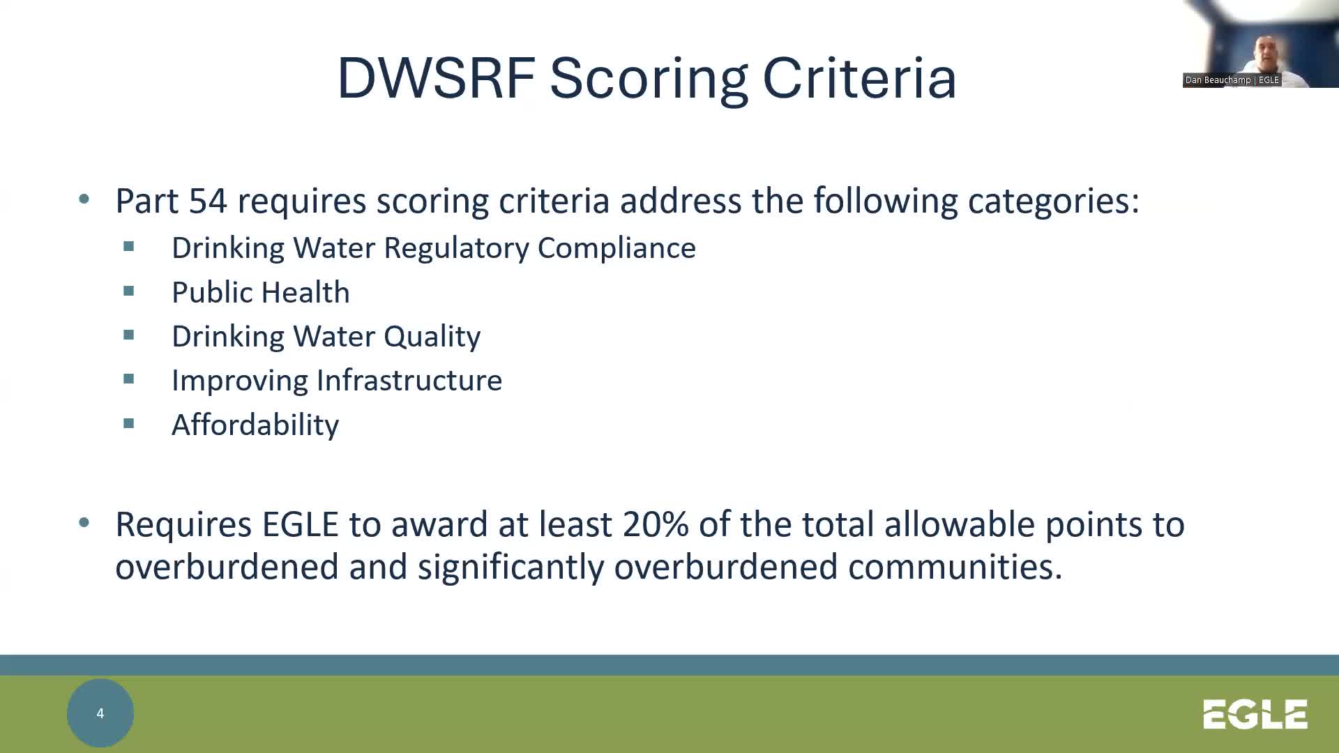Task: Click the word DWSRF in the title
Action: (x=436, y=78)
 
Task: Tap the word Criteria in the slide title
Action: (x=859, y=78)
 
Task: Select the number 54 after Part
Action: (x=208, y=201)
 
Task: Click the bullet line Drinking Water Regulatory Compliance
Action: (x=433, y=248)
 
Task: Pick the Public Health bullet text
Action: (x=260, y=292)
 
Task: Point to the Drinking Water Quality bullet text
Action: (x=326, y=336)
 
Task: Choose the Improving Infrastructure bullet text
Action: (x=336, y=380)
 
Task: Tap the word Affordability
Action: (x=255, y=425)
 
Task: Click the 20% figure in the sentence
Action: (x=656, y=524)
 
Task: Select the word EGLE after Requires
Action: (x=300, y=524)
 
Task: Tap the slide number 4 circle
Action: (x=100, y=713)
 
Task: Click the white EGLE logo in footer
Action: (x=1255, y=715)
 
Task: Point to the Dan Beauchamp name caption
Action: (x=1232, y=80)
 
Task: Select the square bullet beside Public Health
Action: (x=129, y=291)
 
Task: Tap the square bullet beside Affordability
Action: (x=129, y=423)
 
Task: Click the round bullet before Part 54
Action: (x=84, y=200)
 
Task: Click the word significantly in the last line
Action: (x=510, y=566)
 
